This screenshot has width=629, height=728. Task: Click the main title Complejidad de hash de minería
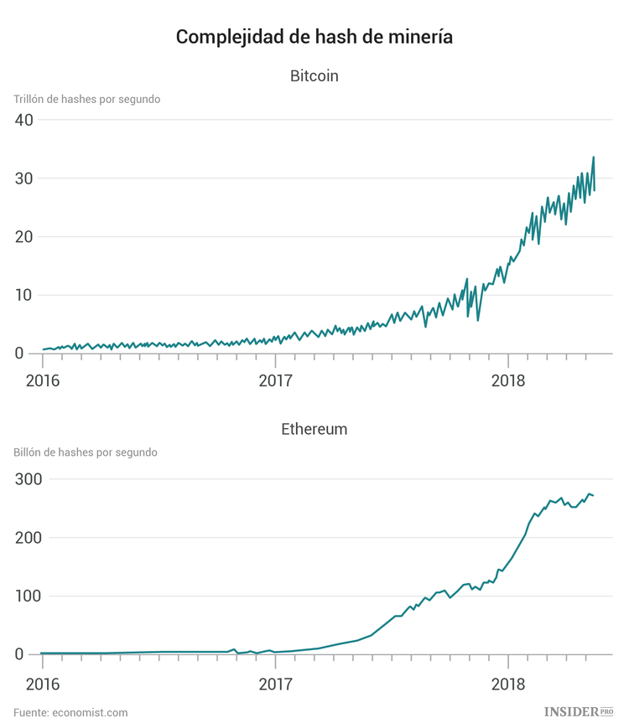[x=314, y=37]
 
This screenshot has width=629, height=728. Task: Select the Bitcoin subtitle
[x=314, y=76]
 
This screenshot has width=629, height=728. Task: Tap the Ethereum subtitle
[x=314, y=430]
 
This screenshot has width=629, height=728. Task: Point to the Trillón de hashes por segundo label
[x=86, y=99]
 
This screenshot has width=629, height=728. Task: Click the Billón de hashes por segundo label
[x=86, y=452]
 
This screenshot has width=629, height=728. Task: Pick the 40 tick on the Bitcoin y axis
[x=23, y=120]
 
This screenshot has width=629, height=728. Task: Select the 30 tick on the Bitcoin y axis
[x=23, y=178]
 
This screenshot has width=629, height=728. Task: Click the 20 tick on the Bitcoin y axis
[x=23, y=237]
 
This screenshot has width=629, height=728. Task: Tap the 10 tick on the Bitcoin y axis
[x=23, y=296]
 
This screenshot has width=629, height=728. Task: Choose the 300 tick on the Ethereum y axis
[x=28, y=479]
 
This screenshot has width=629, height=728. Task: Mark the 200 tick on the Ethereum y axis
[x=28, y=538]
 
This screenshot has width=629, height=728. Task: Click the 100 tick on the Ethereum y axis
[x=28, y=596]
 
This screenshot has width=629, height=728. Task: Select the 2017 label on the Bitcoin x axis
[x=275, y=381]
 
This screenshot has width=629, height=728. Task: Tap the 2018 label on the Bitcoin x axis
[x=507, y=381]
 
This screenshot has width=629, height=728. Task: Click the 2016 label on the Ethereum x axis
[x=42, y=683]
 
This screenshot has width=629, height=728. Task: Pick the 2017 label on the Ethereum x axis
[x=275, y=683]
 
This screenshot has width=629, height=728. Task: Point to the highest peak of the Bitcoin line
[x=594, y=157]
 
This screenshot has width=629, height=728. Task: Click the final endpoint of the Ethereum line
[x=594, y=496]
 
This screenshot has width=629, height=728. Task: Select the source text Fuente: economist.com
[x=70, y=712]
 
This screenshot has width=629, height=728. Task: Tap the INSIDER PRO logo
[x=579, y=711]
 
